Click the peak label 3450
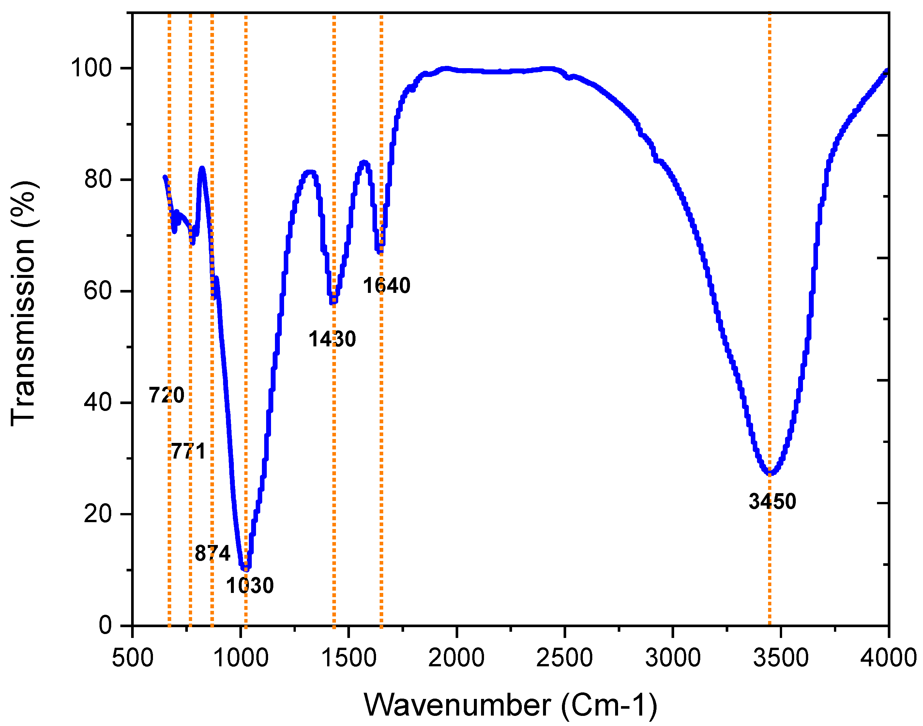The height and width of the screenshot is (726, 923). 772,501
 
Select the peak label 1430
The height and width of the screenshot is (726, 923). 332,339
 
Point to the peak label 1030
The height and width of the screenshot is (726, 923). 250,586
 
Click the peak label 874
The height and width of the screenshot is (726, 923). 212,553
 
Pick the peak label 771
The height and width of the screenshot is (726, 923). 188,451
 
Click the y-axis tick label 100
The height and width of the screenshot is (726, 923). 91,68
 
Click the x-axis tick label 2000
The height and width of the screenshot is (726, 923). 456,658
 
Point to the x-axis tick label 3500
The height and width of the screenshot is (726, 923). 781,658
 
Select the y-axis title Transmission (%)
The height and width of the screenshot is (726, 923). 23,303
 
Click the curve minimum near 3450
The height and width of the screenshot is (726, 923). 770,473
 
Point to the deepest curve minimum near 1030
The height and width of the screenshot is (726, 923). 245,568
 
